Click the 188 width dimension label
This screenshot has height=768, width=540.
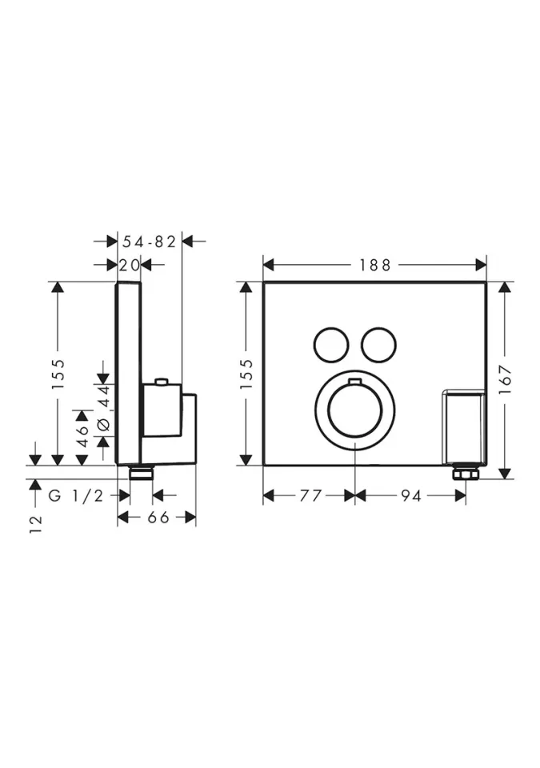[375, 265]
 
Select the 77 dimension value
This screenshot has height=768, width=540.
[310, 496]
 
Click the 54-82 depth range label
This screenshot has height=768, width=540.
[149, 241]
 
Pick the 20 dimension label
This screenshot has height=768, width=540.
[130, 265]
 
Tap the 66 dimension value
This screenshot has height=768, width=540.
[158, 518]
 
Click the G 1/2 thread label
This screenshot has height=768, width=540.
[76, 496]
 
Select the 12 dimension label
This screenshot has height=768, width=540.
[36, 524]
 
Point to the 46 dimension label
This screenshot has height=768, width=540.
[82, 435]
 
